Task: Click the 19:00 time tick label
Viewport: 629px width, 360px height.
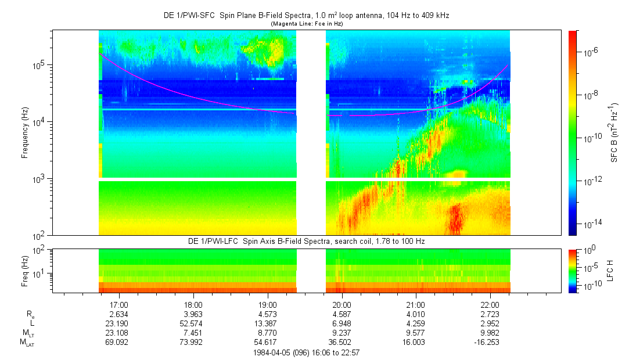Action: pyautogui.click(x=267, y=304)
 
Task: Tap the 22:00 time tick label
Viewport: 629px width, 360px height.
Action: pyautogui.click(x=490, y=304)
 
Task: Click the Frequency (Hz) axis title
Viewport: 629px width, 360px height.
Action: pyautogui.click(x=25, y=133)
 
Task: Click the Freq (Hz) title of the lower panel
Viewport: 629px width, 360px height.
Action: pyautogui.click(x=25, y=271)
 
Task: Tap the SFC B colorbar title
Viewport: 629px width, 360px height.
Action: pyautogui.click(x=614, y=133)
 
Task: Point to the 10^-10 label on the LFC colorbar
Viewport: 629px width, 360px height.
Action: pyautogui.click(x=590, y=286)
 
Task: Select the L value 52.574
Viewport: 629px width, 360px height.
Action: pyautogui.click(x=193, y=323)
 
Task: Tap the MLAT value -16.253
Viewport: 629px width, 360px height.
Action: pyautogui.click(x=490, y=343)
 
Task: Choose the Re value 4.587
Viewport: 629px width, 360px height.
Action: pyautogui.click(x=342, y=314)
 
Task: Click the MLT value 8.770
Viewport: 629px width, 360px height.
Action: pyautogui.click(x=267, y=333)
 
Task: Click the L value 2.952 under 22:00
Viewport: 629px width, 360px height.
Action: pyautogui.click(x=490, y=323)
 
